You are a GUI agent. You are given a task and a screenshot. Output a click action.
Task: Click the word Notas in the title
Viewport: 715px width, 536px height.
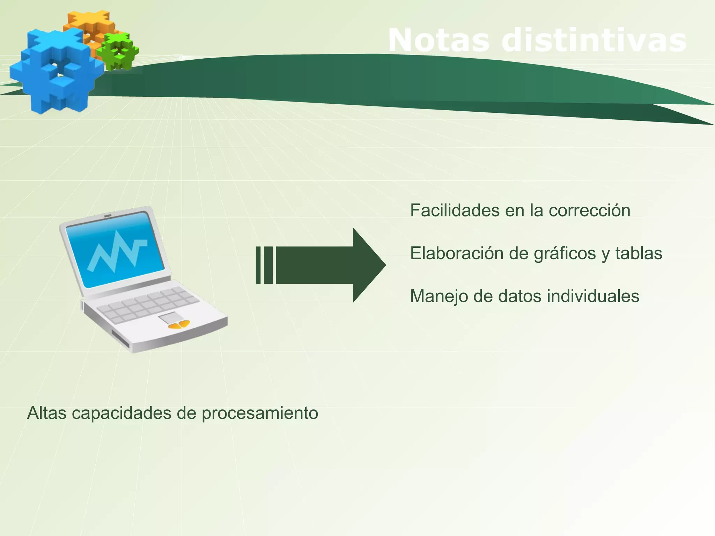tap(440, 40)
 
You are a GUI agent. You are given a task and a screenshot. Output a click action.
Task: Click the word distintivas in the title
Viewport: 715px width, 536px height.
tap(594, 40)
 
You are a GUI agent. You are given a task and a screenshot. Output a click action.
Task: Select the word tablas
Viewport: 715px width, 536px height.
tap(639, 253)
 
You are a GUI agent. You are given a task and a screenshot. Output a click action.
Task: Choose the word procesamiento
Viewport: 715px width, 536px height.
tap(260, 414)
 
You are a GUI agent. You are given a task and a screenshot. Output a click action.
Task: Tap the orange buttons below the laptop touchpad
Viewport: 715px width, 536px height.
tap(179, 325)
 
